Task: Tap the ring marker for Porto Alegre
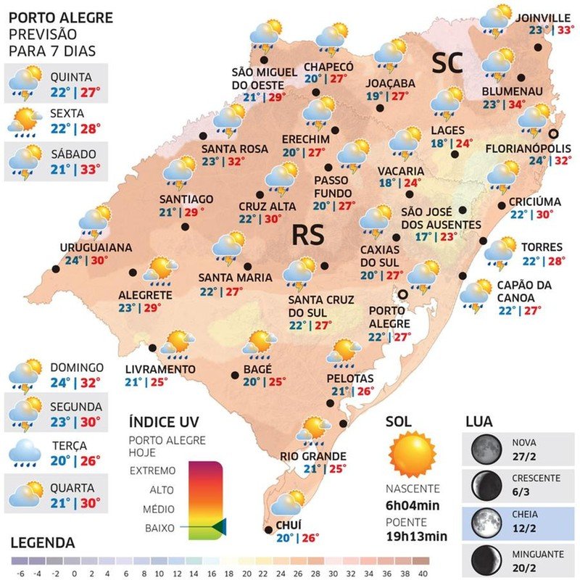(402, 294)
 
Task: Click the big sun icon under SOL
(413, 454)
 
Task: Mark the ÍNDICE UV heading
(163, 421)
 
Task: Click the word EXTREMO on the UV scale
(152, 471)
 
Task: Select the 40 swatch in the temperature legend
(420, 560)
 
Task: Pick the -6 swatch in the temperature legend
(20, 560)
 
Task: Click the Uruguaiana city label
(96, 247)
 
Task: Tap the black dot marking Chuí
(269, 530)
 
